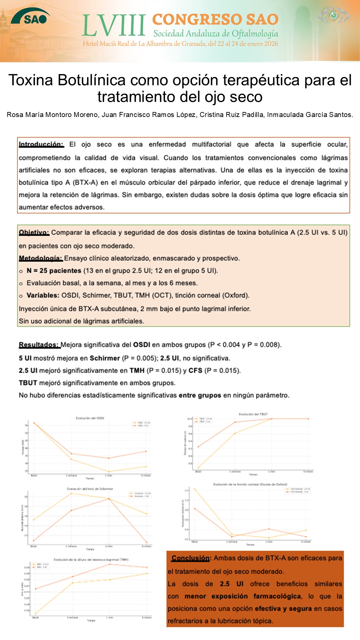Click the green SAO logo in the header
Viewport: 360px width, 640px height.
click(31, 17)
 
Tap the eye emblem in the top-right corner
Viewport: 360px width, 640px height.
click(334, 15)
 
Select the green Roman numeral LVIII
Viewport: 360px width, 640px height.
click(114, 26)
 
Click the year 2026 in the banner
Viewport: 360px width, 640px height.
click(271, 44)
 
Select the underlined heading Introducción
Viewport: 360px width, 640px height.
click(41, 144)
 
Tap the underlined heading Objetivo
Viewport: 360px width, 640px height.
click(34, 232)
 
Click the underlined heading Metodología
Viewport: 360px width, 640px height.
click(41, 258)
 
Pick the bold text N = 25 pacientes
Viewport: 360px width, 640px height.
click(54, 271)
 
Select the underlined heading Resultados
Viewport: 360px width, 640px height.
click(39, 345)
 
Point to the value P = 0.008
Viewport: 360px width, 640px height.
click(263, 345)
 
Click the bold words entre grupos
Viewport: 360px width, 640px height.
click(200, 395)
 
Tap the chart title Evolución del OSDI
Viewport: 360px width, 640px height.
click(90, 418)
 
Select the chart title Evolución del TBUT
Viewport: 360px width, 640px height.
click(253, 414)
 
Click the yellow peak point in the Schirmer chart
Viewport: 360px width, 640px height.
click(71, 493)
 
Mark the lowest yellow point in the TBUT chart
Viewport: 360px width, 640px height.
click(198, 468)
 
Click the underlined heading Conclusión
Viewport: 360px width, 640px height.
click(190, 558)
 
